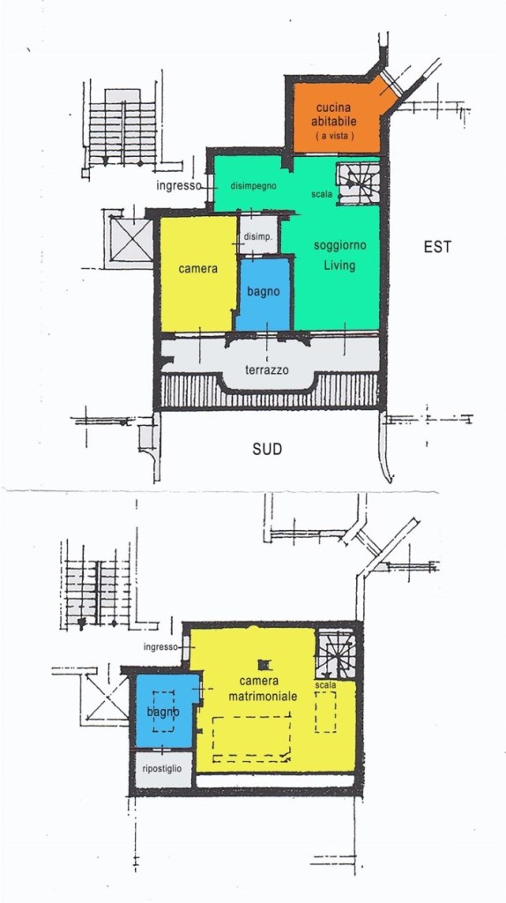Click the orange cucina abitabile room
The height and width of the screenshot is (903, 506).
[337, 118]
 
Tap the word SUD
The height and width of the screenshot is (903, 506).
[268, 449]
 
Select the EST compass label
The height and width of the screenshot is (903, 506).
[437, 247]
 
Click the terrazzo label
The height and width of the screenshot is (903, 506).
[266, 370]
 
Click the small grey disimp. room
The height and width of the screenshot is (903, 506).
[257, 235]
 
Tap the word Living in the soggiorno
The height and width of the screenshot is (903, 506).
[339, 265]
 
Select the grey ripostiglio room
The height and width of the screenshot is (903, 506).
[162, 769]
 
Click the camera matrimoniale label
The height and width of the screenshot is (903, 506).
[263, 689]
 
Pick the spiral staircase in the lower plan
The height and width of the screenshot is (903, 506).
[337, 653]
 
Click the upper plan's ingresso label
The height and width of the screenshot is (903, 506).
[178, 186]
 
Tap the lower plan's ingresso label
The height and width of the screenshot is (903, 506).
[160, 646]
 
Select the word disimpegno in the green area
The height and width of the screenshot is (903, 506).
[253, 186]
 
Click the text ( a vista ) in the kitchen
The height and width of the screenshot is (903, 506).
[334, 135]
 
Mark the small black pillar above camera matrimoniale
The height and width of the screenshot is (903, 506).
[264, 665]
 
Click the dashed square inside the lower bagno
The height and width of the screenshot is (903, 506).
[163, 712]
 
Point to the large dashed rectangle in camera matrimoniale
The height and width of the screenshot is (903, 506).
[251, 738]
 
